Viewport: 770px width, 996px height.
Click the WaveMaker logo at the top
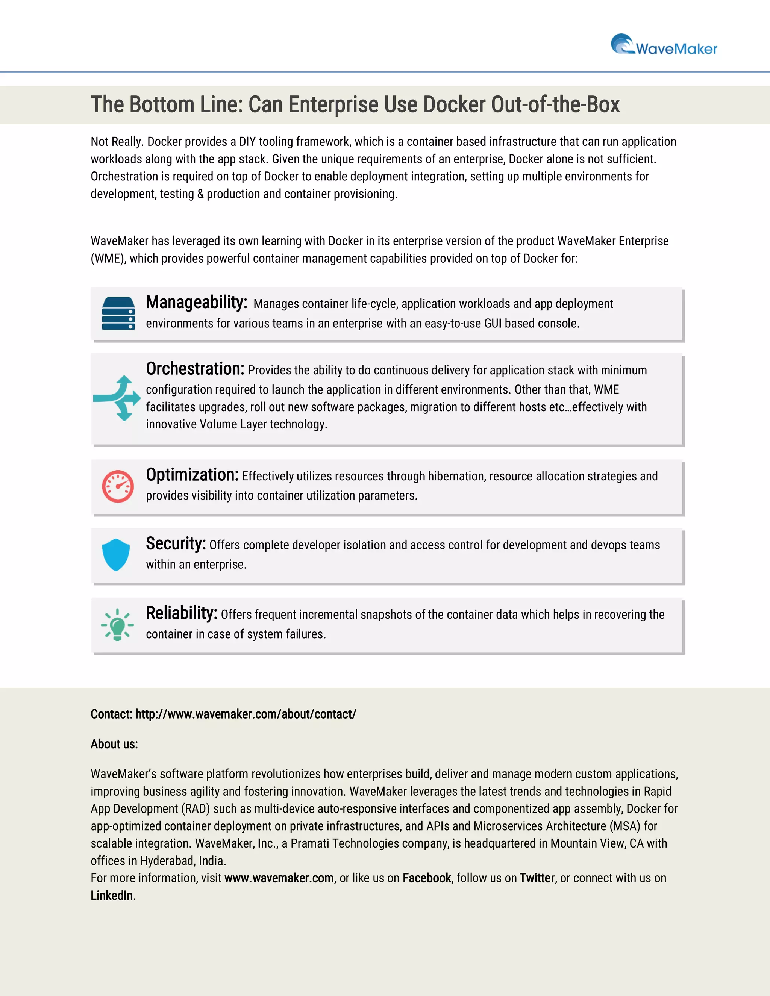(664, 45)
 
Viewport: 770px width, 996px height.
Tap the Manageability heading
(196, 302)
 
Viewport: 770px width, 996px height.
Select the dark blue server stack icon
(118, 313)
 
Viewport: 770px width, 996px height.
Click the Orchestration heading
(195, 368)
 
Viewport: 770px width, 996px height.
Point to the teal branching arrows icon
(117, 398)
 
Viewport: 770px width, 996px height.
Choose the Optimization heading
(192, 475)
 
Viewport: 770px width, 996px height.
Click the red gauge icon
(118, 486)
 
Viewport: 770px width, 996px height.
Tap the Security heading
(176, 543)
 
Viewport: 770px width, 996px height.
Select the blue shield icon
(116, 554)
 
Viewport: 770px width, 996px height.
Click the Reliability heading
(181, 613)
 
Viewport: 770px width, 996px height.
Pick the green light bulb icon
(117, 625)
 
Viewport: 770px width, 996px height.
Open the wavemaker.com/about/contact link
(246, 714)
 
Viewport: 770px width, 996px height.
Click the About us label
(114, 744)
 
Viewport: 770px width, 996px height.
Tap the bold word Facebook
(426, 878)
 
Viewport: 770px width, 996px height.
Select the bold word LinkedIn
(112, 895)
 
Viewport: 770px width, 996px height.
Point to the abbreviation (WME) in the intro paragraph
(108, 259)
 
